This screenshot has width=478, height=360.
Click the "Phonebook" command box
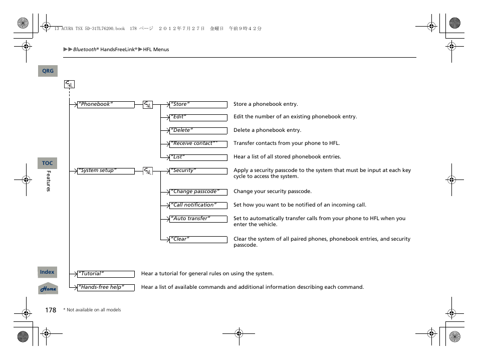coord(106,105)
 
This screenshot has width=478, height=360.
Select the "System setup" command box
coord(106,171)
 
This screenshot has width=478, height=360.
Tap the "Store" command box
coord(198,105)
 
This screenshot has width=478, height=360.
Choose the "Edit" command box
coord(198,117)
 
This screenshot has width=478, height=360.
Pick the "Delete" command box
coord(198,130)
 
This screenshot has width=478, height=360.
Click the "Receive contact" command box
coord(198,144)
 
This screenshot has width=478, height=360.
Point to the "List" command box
coord(198,157)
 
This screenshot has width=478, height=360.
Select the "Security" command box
coord(198,171)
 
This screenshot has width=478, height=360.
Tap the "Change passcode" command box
coord(198,192)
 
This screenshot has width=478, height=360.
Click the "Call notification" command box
coord(198,205)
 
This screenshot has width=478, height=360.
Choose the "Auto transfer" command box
coord(198,219)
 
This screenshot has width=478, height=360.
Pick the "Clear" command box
coord(198,240)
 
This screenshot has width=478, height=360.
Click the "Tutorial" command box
coord(106,274)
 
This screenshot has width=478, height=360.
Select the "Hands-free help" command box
coord(106,288)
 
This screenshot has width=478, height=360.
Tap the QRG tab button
coord(48,71)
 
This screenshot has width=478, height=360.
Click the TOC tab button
coord(48,163)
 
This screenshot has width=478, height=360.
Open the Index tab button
coord(48,272)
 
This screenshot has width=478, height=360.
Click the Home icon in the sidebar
coord(48,289)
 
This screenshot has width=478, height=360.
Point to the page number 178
coord(51,310)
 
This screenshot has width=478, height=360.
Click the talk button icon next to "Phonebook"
coord(147,105)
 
